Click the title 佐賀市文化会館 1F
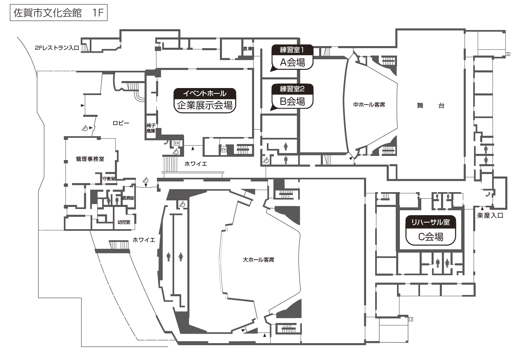click(58, 13)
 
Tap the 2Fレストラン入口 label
click(57, 48)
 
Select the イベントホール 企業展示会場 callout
click(205, 100)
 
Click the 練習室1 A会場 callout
click(292, 58)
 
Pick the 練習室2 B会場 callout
click(292, 97)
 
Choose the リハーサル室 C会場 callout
click(430, 230)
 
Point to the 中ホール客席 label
click(369, 105)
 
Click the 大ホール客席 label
click(259, 260)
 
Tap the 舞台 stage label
click(430, 106)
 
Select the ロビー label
click(121, 123)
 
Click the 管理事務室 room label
click(90, 159)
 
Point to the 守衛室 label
click(109, 179)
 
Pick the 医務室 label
click(128, 198)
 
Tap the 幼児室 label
click(124, 222)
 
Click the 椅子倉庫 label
click(151, 128)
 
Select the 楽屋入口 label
click(490, 215)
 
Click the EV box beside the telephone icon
click(177, 143)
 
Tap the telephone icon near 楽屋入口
click(488, 194)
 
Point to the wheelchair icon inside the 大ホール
click(182, 204)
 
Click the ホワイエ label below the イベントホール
click(196, 164)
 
